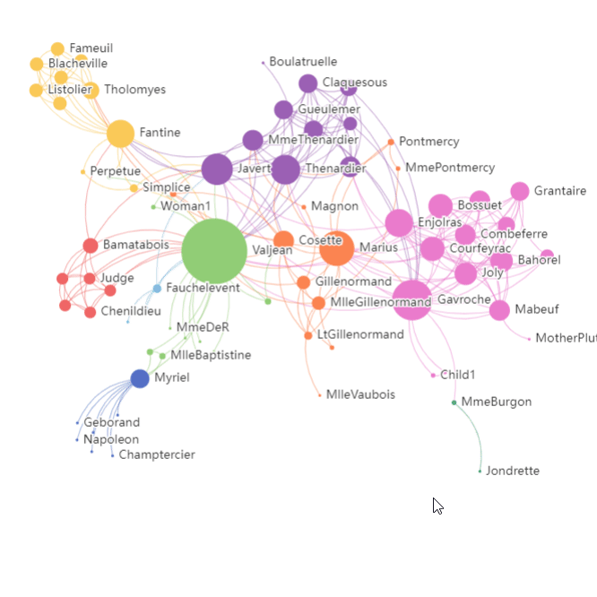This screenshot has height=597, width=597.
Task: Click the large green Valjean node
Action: pyautogui.click(x=214, y=251)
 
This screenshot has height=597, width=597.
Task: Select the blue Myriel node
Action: pyautogui.click(x=140, y=378)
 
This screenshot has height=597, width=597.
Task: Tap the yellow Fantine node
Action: pyautogui.click(x=120, y=134)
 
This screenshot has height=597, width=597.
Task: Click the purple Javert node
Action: pyautogui.click(x=217, y=169)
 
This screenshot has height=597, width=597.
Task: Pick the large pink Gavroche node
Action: pyautogui.click(x=411, y=299)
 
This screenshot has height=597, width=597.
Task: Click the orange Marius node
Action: pyautogui.click(x=337, y=247)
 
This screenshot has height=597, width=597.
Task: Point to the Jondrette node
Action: pyautogui.click(x=480, y=471)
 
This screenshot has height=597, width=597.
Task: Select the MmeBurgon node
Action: pyautogui.click(x=454, y=402)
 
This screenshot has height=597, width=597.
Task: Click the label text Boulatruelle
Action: pyautogui.click(x=303, y=62)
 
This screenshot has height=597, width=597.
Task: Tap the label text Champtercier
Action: pyautogui.click(x=157, y=454)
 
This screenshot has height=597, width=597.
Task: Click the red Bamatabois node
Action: pyautogui.click(x=91, y=246)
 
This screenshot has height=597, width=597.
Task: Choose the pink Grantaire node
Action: pyautogui.click(x=520, y=191)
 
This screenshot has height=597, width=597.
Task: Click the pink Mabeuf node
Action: pyautogui.click(x=499, y=310)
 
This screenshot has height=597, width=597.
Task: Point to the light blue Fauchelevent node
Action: pyautogui.click(x=157, y=289)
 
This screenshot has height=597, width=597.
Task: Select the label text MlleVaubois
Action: pyautogui.click(x=360, y=394)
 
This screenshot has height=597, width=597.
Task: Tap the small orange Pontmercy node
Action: pyautogui.click(x=391, y=142)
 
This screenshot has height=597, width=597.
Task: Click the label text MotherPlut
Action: pyautogui.click(x=566, y=338)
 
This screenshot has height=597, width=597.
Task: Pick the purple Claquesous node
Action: pyautogui.click(x=308, y=83)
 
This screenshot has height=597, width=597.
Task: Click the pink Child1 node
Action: pyautogui.click(x=433, y=375)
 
